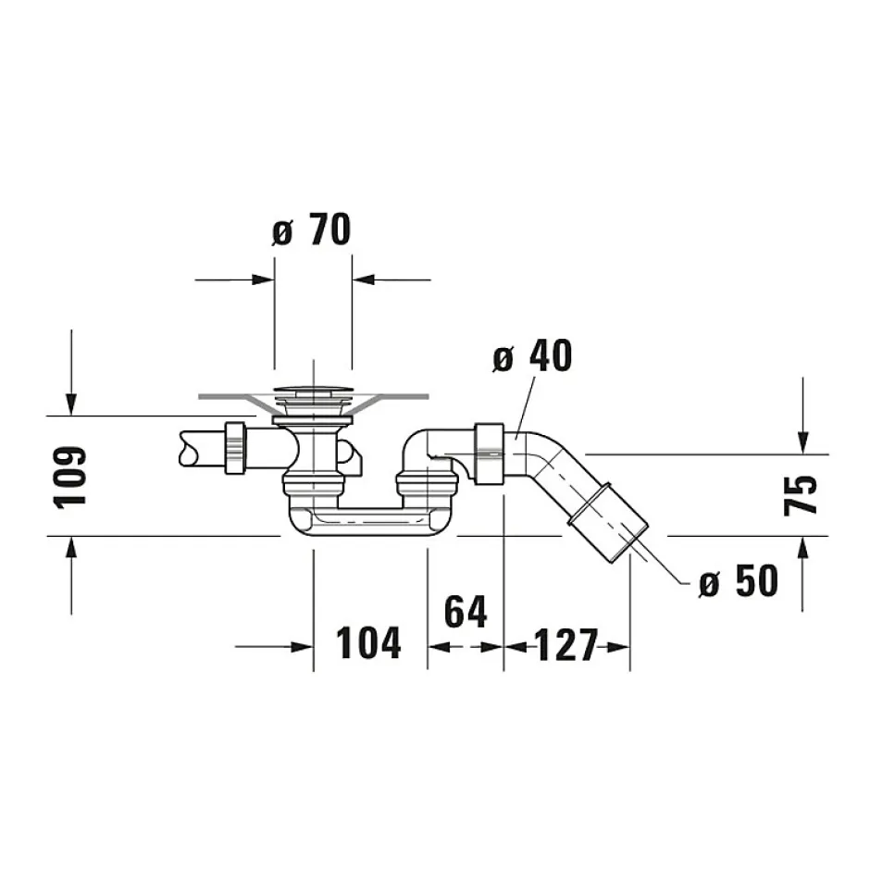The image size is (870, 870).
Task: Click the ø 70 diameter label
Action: tap(312, 230)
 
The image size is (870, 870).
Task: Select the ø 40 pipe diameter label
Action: tap(532, 356)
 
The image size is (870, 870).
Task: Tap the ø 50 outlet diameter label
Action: tap(738, 581)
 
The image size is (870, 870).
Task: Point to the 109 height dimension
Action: tap(70, 476)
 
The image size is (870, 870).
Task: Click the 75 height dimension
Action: tap(802, 494)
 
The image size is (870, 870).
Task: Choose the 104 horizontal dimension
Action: tap(368, 643)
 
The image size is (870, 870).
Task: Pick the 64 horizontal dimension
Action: tap(465, 612)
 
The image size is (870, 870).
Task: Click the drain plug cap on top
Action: tap(314, 390)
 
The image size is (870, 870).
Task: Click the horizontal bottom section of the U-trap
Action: tap(369, 517)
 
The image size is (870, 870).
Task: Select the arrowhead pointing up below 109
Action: tap(70, 550)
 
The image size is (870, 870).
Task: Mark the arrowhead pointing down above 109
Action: tap(70, 404)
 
